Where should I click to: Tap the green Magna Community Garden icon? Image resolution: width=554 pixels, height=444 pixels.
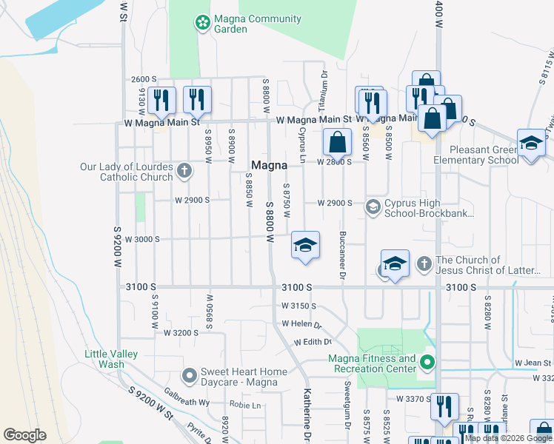click(201, 24)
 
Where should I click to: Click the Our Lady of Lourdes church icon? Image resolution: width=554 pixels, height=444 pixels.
click(184, 172)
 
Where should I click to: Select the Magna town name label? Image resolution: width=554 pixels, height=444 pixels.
click(269, 165)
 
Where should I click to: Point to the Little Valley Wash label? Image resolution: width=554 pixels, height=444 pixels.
click(111, 359)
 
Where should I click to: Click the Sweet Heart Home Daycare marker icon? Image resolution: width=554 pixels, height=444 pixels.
click(190, 377)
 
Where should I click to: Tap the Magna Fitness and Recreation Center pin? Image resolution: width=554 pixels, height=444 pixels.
click(427, 363)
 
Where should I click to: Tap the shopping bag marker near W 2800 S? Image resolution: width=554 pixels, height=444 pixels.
click(337, 142)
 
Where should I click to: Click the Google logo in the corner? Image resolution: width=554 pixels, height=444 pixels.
click(25, 435)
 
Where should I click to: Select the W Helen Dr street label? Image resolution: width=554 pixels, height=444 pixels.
click(301, 324)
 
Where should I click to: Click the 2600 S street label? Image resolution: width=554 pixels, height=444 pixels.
click(144, 79)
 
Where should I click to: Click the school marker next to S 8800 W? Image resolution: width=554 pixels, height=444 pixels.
click(305, 244)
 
